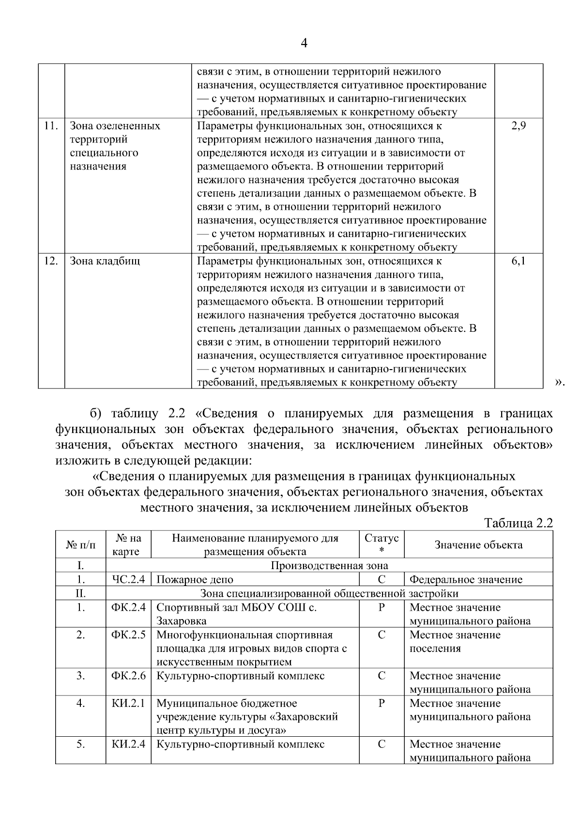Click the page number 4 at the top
pyautogui.click(x=304, y=44)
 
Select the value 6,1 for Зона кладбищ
pyautogui.click(x=518, y=261)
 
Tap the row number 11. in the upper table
pyautogui.click(x=51, y=126)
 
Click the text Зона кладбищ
pyautogui.click(x=105, y=261)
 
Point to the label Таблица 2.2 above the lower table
pyautogui.click(x=518, y=523)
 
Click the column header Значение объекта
pyautogui.click(x=478, y=544)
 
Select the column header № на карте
pyautogui.click(x=128, y=544)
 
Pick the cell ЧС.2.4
pyautogui.click(x=128, y=579)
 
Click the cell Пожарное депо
pyautogui.click(x=195, y=579)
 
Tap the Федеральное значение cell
pyautogui.click(x=466, y=579)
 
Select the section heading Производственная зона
pyautogui.click(x=329, y=565)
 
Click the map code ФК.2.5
pyautogui.click(x=128, y=635)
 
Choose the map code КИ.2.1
pyautogui.click(x=128, y=703)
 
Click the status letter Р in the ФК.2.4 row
pyautogui.click(x=382, y=607)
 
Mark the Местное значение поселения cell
pyautogui.click(x=455, y=641)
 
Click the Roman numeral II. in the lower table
pyautogui.click(x=80, y=593)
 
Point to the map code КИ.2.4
pyautogui.click(x=128, y=744)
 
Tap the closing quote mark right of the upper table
pyautogui.click(x=560, y=383)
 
